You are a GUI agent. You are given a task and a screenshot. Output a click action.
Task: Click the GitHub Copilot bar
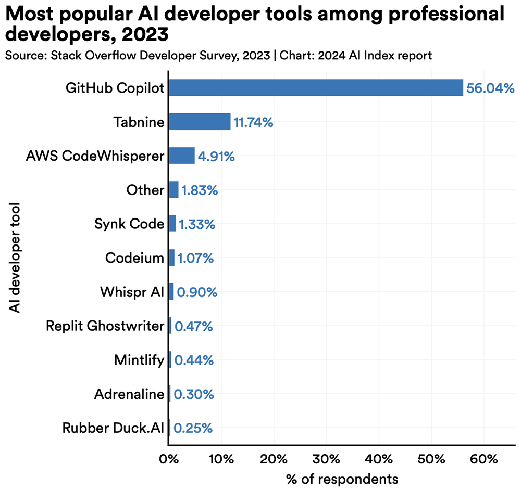[316, 88]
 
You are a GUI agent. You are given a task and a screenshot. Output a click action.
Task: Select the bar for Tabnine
[200, 122]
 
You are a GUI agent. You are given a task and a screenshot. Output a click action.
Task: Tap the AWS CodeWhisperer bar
[182, 156]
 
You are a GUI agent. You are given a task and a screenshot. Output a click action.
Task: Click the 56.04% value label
[490, 88]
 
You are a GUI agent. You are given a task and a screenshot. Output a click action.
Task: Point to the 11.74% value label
[253, 123]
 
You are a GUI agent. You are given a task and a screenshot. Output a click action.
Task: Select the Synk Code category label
[129, 224]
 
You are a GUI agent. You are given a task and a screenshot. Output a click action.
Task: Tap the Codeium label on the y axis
[134, 258]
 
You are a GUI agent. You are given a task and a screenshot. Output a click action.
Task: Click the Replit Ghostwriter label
[105, 326]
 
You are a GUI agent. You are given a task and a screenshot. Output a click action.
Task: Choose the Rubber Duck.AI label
[113, 428]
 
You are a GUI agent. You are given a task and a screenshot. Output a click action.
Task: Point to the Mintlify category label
[139, 360]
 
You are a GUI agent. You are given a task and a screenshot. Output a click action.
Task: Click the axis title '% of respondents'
[342, 479]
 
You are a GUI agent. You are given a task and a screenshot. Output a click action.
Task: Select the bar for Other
[173, 190]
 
